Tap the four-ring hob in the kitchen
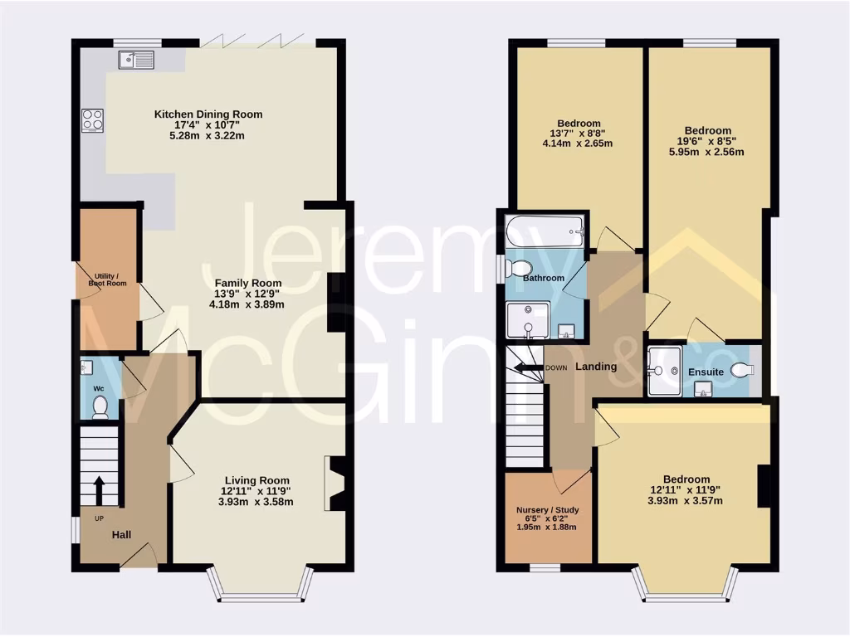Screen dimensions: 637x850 point(92,120)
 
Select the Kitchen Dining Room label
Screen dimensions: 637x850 point(208,114)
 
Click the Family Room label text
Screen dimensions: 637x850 point(248,283)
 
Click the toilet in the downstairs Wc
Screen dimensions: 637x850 point(100,406)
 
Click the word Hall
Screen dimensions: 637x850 point(121,535)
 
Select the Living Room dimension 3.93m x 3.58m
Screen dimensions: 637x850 point(256,502)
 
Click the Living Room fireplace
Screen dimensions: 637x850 point(336,484)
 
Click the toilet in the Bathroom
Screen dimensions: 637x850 point(520,268)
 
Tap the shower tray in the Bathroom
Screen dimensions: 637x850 point(528,320)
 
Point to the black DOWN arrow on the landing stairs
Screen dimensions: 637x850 point(525,367)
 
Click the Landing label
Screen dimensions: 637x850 point(596,367)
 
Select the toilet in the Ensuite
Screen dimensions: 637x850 point(742,371)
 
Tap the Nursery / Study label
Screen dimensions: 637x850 point(547,510)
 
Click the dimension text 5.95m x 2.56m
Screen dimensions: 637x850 point(707,152)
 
